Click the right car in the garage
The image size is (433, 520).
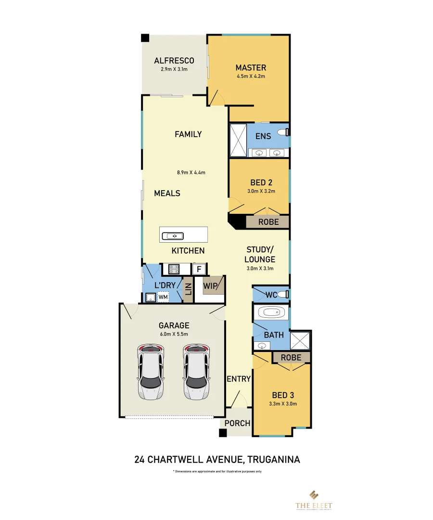[196, 372]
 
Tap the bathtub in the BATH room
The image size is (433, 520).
[272, 313]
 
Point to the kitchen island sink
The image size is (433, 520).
[173, 236]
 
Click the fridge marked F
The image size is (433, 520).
[199, 269]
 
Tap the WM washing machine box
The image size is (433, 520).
[163, 298]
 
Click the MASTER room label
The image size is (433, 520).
[251, 67]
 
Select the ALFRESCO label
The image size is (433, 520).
[174, 61]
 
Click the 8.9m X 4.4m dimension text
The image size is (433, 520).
[194, 172]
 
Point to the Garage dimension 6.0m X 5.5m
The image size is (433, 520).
[174, 334]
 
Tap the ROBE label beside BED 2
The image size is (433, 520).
[268, 222]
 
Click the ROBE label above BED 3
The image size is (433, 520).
[291, 357]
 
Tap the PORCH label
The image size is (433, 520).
[238, 423]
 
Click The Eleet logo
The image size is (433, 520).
[314, 499]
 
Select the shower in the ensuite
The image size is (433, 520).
[237, 140]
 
